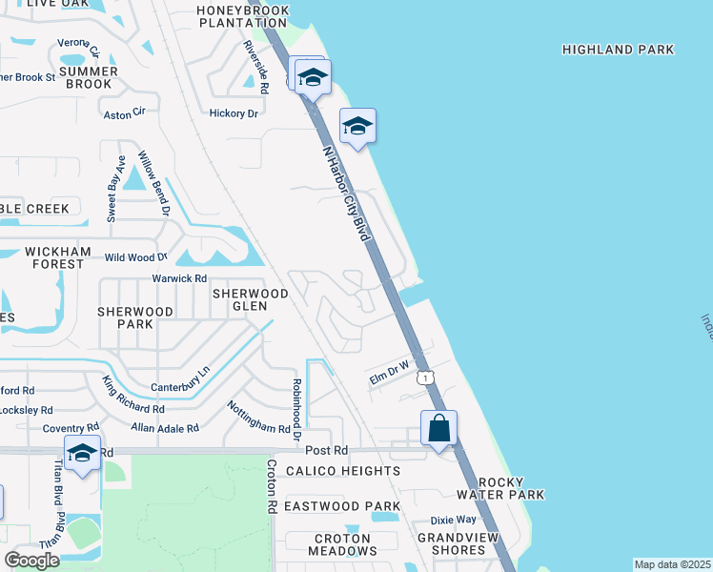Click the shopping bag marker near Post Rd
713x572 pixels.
point(438,428)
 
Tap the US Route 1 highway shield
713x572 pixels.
point(426,378)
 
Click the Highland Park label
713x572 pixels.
point(618,50)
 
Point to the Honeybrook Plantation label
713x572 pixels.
point(242,17)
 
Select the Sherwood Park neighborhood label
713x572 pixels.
point(135,317)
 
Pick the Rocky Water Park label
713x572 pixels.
point(500,488)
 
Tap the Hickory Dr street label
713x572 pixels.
point(234,113)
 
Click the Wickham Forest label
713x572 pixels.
point(58,258)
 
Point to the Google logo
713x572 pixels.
point(32,561)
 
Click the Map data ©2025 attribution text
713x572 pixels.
point(672,564)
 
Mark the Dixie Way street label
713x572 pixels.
point(453,521)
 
